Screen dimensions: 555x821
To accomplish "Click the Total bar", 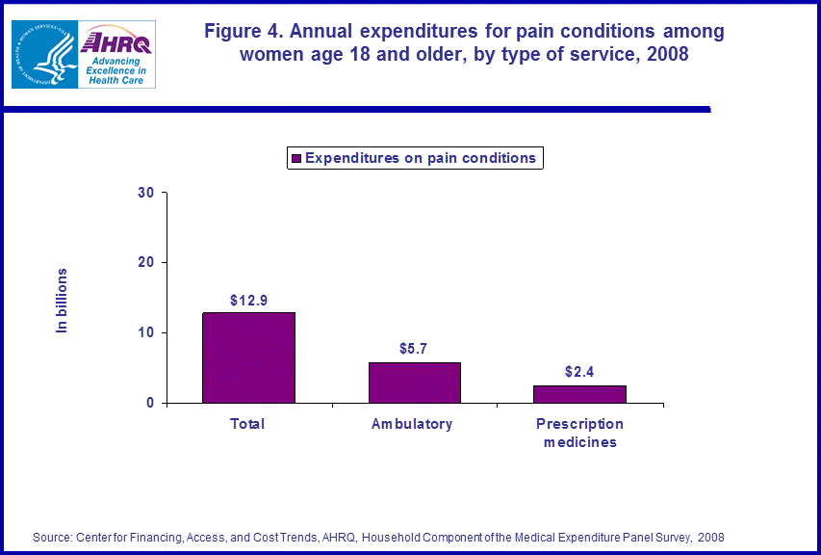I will tap(248, 357).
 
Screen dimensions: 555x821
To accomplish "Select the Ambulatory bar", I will tap(414, 383).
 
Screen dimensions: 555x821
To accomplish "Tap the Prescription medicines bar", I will tap(579, 394).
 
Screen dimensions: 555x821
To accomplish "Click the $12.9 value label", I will tap(248, 301).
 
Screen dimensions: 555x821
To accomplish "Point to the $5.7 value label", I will tap(415, 348).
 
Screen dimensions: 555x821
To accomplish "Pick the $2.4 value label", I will tap(579, 371).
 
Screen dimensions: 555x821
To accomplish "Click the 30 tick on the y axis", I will tap(145, 193).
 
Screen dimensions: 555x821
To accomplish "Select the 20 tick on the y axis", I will tap(145, 263).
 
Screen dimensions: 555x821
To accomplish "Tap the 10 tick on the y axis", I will tap(145, 332).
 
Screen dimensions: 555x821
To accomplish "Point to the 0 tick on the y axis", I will tap(150, 403).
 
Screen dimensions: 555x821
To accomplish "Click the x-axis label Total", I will tap(247, 424).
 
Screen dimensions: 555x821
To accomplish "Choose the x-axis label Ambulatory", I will tap(412, 424).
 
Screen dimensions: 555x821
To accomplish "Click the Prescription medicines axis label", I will tap(579, 433).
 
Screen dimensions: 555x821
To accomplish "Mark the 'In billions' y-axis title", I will tap(63, 301).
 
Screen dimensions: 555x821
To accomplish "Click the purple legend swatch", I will tap(296, 158).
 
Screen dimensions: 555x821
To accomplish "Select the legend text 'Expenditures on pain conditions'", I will tap(421, 158).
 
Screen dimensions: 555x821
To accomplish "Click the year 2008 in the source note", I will tap(710, 537).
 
